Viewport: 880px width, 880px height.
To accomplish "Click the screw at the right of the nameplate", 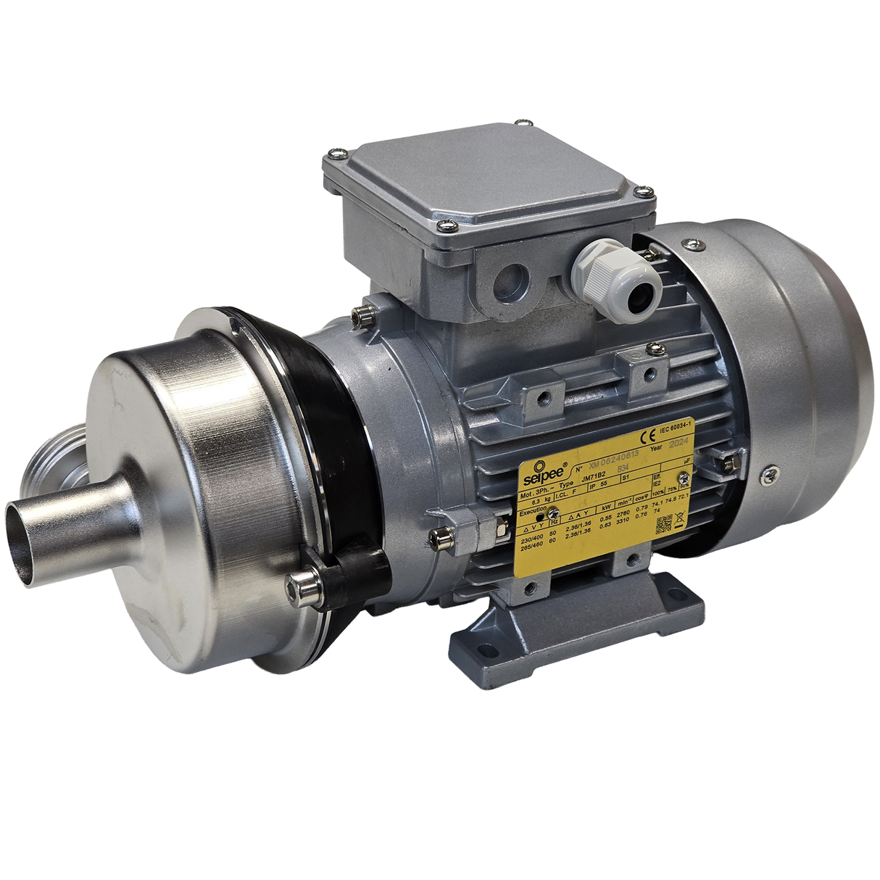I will [684, 478].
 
